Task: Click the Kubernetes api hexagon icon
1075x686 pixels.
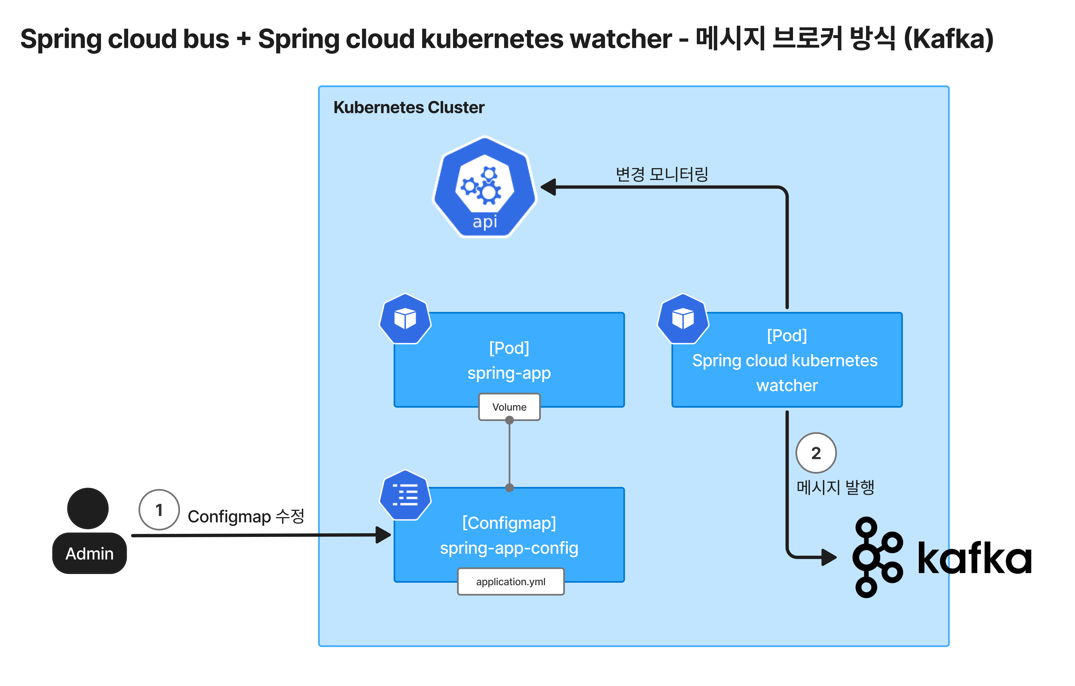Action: (485, 187)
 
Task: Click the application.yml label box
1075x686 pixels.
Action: (511, 581)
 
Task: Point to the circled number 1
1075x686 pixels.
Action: (159, 510)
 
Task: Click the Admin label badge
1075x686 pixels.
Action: (89, 553)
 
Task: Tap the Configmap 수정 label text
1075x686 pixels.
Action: (246, 516)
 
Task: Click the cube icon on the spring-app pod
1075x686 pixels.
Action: (405, 319)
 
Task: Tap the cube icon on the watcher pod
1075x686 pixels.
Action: (683, 319)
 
